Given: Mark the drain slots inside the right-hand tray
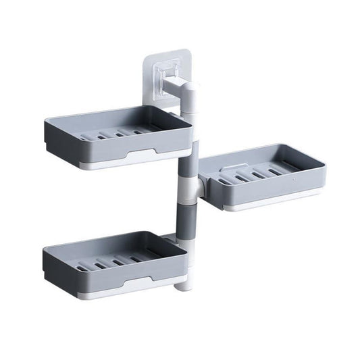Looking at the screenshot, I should coord(253,178).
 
